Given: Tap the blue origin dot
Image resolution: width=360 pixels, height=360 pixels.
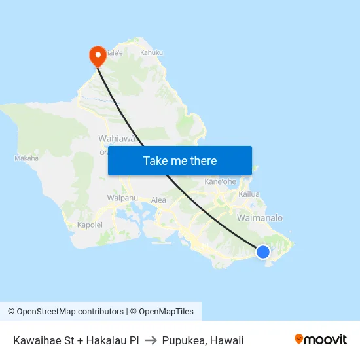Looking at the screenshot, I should coord(262,252).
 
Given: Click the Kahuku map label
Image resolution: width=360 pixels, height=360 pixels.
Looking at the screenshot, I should coord(151,52).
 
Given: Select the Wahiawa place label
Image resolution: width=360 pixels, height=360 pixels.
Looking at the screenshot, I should coord(116,138).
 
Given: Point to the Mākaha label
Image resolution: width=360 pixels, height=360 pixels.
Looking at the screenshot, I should coord(26,158).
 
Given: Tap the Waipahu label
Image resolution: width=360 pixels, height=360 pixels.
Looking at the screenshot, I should coord(122,198).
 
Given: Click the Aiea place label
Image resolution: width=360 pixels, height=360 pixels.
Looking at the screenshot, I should coord(158,200).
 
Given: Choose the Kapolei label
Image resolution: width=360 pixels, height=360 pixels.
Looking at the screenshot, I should coord(90,225).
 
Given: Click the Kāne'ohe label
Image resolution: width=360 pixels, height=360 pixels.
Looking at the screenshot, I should coord(220,181).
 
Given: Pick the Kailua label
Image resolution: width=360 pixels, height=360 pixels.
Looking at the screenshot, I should coord(249,194).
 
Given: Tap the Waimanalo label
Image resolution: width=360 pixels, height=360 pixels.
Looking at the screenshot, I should coord(260,217).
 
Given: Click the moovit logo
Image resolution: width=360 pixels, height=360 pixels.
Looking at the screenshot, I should coord(321,340).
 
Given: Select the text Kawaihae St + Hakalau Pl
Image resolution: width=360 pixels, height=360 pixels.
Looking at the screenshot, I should coord(75,340).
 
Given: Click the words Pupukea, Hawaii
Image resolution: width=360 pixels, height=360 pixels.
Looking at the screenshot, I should coord(203,340).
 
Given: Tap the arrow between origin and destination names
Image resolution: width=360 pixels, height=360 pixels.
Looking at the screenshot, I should coord(151,340).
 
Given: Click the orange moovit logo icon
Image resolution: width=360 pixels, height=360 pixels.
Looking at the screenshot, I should coord(299,339).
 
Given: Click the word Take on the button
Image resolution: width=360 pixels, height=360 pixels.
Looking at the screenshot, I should coord(156,160).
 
